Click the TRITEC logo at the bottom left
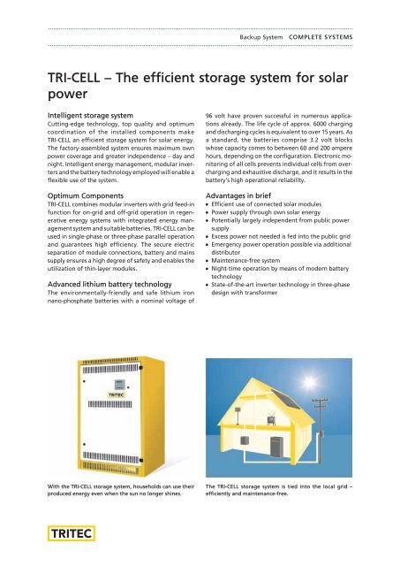click(70, 534)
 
